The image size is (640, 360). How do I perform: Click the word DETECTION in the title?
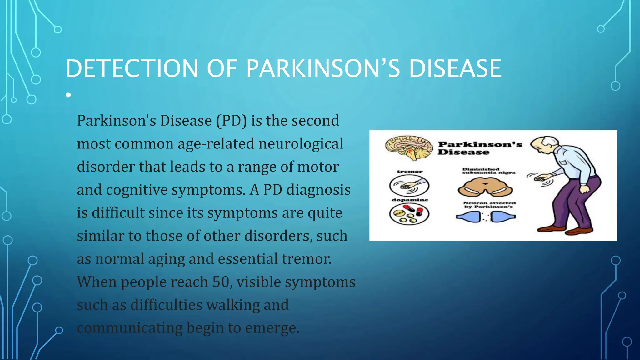click(132, 68)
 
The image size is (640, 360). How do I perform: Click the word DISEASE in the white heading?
click(455, 68)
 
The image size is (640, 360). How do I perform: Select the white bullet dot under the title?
click(68, 95)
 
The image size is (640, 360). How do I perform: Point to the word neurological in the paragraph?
click(301, 144)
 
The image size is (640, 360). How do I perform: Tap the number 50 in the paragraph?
click(221, 282)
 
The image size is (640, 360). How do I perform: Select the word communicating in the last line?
click(130, 328)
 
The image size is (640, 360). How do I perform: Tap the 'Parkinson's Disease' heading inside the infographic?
click(480, 148)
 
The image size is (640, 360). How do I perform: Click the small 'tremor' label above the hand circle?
click(410, 172)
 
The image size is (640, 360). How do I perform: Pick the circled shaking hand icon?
click(409, 185)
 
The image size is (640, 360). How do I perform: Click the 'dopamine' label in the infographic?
click(410, 200)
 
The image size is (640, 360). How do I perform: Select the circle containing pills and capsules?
click(409, 214)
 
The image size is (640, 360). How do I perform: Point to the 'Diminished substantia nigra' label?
click(488, 171)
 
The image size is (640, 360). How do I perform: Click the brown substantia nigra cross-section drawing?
click(485, 187)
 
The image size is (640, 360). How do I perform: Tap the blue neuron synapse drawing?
click(485, 216)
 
